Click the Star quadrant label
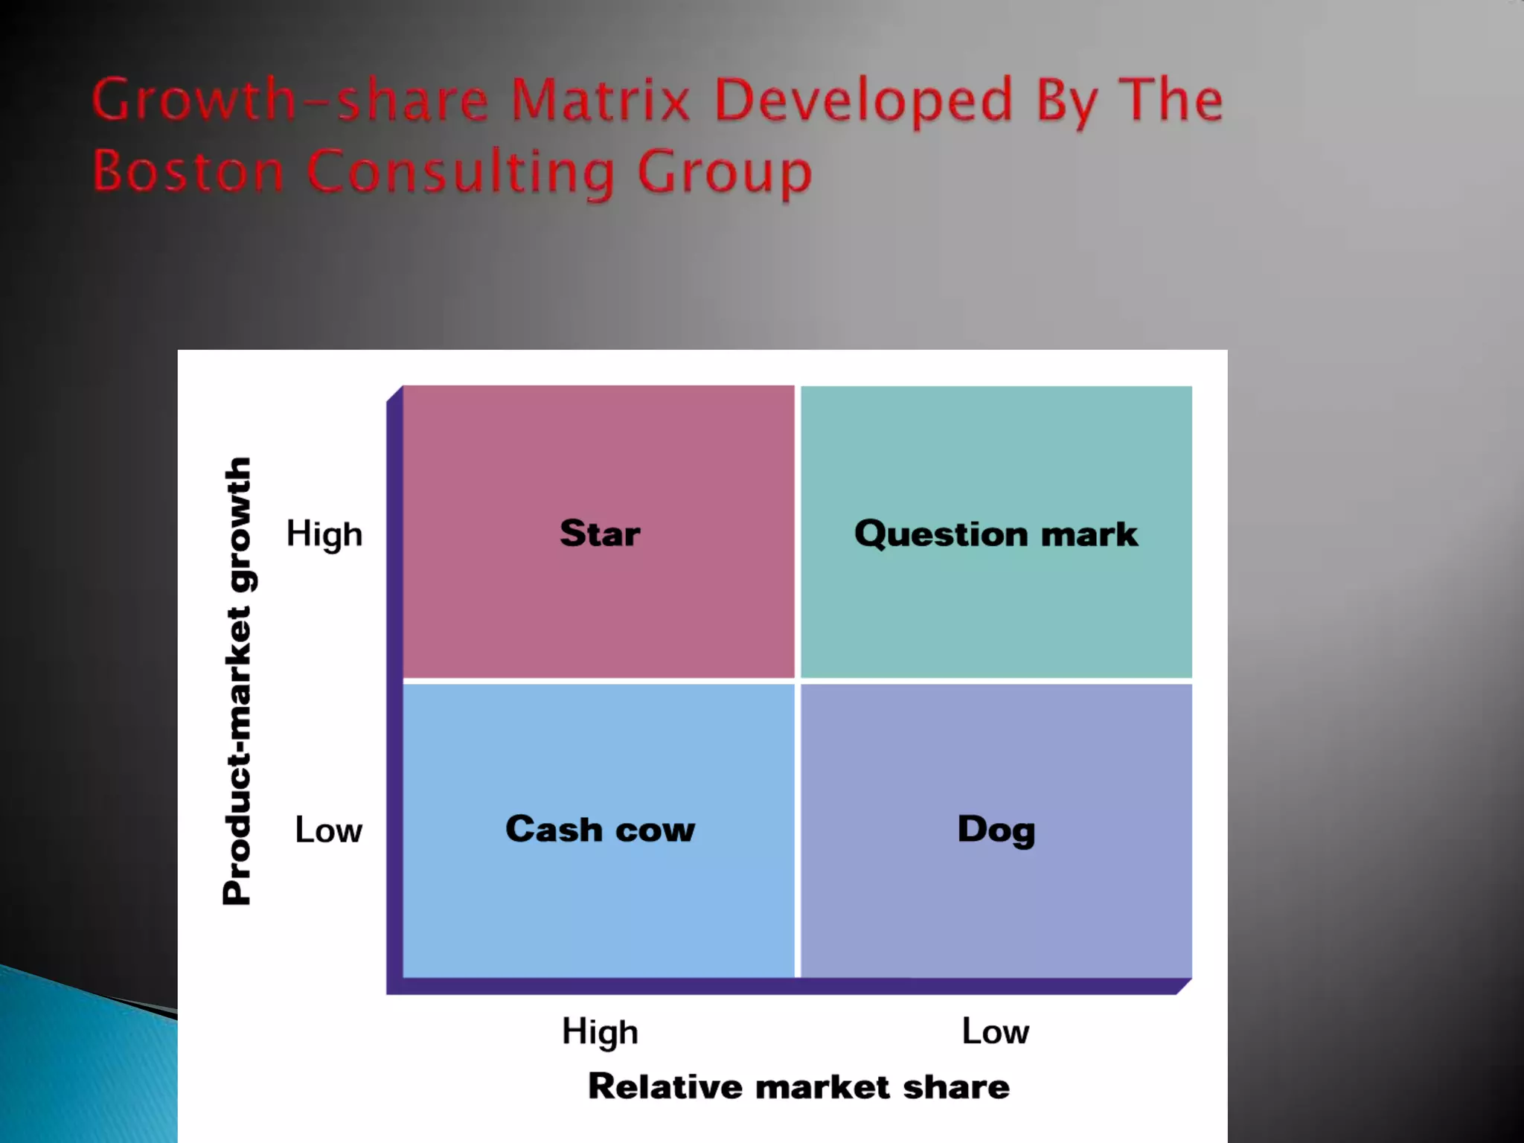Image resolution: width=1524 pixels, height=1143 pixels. (x=600, y=534)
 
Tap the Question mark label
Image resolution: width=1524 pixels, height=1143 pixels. (x=996, y=534)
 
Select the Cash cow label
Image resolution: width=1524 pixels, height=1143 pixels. (x=600, y=829)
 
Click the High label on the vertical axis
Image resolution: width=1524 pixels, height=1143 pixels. (x=324, y=534)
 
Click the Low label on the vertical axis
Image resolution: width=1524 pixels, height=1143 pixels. (x=328, y=830)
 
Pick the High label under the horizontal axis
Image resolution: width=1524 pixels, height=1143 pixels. (x=600, y=1032)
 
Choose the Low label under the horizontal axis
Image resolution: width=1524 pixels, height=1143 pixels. (x=995, y=1031)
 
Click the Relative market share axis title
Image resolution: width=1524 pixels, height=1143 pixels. (x=798, y=1086)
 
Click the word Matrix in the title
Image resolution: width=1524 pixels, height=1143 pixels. (x=601, y=100)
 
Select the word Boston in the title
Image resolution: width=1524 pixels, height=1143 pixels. (x=188, y=171)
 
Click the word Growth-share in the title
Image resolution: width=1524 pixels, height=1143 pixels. (x=290, y=100)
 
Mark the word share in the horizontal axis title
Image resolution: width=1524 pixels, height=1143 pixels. (x=956, y=1086)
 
